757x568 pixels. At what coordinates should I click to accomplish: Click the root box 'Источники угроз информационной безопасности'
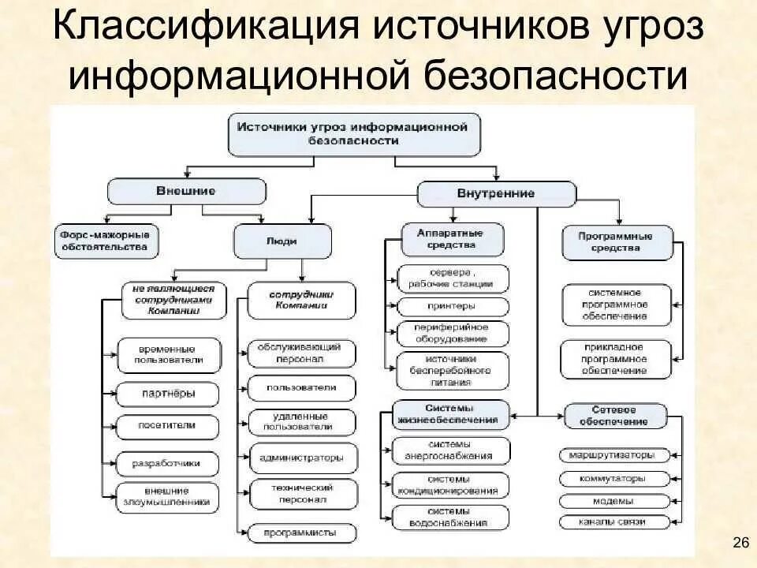tap(353, 133)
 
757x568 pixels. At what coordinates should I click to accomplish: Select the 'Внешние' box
tap(186, 191)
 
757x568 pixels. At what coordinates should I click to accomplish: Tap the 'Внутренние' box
tap(496, 193)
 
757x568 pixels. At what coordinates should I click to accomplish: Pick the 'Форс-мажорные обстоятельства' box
tap(106, 241)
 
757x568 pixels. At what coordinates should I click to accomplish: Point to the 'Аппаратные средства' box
tap(453, 239)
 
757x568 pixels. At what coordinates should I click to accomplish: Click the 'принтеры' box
tap(453, 306)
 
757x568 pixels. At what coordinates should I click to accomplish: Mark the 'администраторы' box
tap(302, 458)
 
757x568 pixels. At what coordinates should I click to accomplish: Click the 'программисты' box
tap(302, 532)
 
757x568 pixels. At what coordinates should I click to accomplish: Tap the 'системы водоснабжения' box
tap(452, 518)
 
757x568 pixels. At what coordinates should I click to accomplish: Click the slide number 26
tap(740, 541)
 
